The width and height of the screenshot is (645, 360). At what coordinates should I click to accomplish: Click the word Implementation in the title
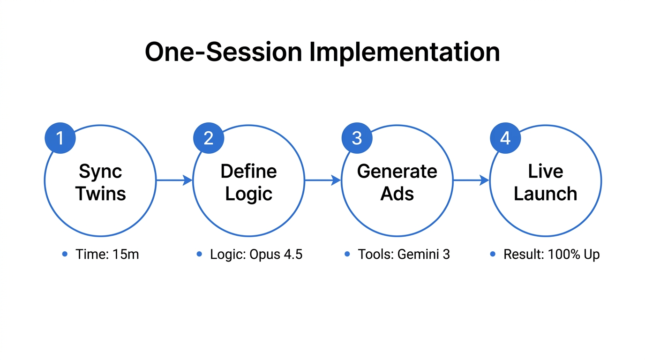404,52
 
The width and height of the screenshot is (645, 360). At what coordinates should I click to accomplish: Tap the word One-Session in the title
223,52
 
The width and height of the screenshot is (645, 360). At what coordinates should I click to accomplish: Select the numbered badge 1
60,138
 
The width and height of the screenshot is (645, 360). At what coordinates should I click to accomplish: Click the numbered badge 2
209,138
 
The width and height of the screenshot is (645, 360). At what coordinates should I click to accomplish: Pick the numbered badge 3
357,138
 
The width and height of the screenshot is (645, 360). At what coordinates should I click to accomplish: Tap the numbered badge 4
505,138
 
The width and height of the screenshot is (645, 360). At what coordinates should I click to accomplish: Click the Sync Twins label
100,182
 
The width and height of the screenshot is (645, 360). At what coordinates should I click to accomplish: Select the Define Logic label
249,182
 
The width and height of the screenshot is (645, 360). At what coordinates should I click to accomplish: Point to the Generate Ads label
397,182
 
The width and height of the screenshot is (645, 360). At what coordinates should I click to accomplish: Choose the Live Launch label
545,182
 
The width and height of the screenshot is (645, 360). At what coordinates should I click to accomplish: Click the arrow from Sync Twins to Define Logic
174,180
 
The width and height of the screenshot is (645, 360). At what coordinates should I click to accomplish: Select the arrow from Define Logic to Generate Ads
322,180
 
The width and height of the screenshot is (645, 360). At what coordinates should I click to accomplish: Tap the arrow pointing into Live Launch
471,180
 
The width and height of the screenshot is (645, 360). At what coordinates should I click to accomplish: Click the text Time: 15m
107,255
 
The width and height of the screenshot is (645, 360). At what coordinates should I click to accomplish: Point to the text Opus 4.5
276,255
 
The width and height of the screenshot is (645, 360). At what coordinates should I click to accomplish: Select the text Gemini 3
423,255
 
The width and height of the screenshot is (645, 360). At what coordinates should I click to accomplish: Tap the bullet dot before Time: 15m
65,254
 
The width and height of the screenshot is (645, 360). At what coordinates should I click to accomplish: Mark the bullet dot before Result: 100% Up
493,254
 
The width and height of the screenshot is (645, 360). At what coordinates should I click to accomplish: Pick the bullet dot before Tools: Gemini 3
347,254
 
